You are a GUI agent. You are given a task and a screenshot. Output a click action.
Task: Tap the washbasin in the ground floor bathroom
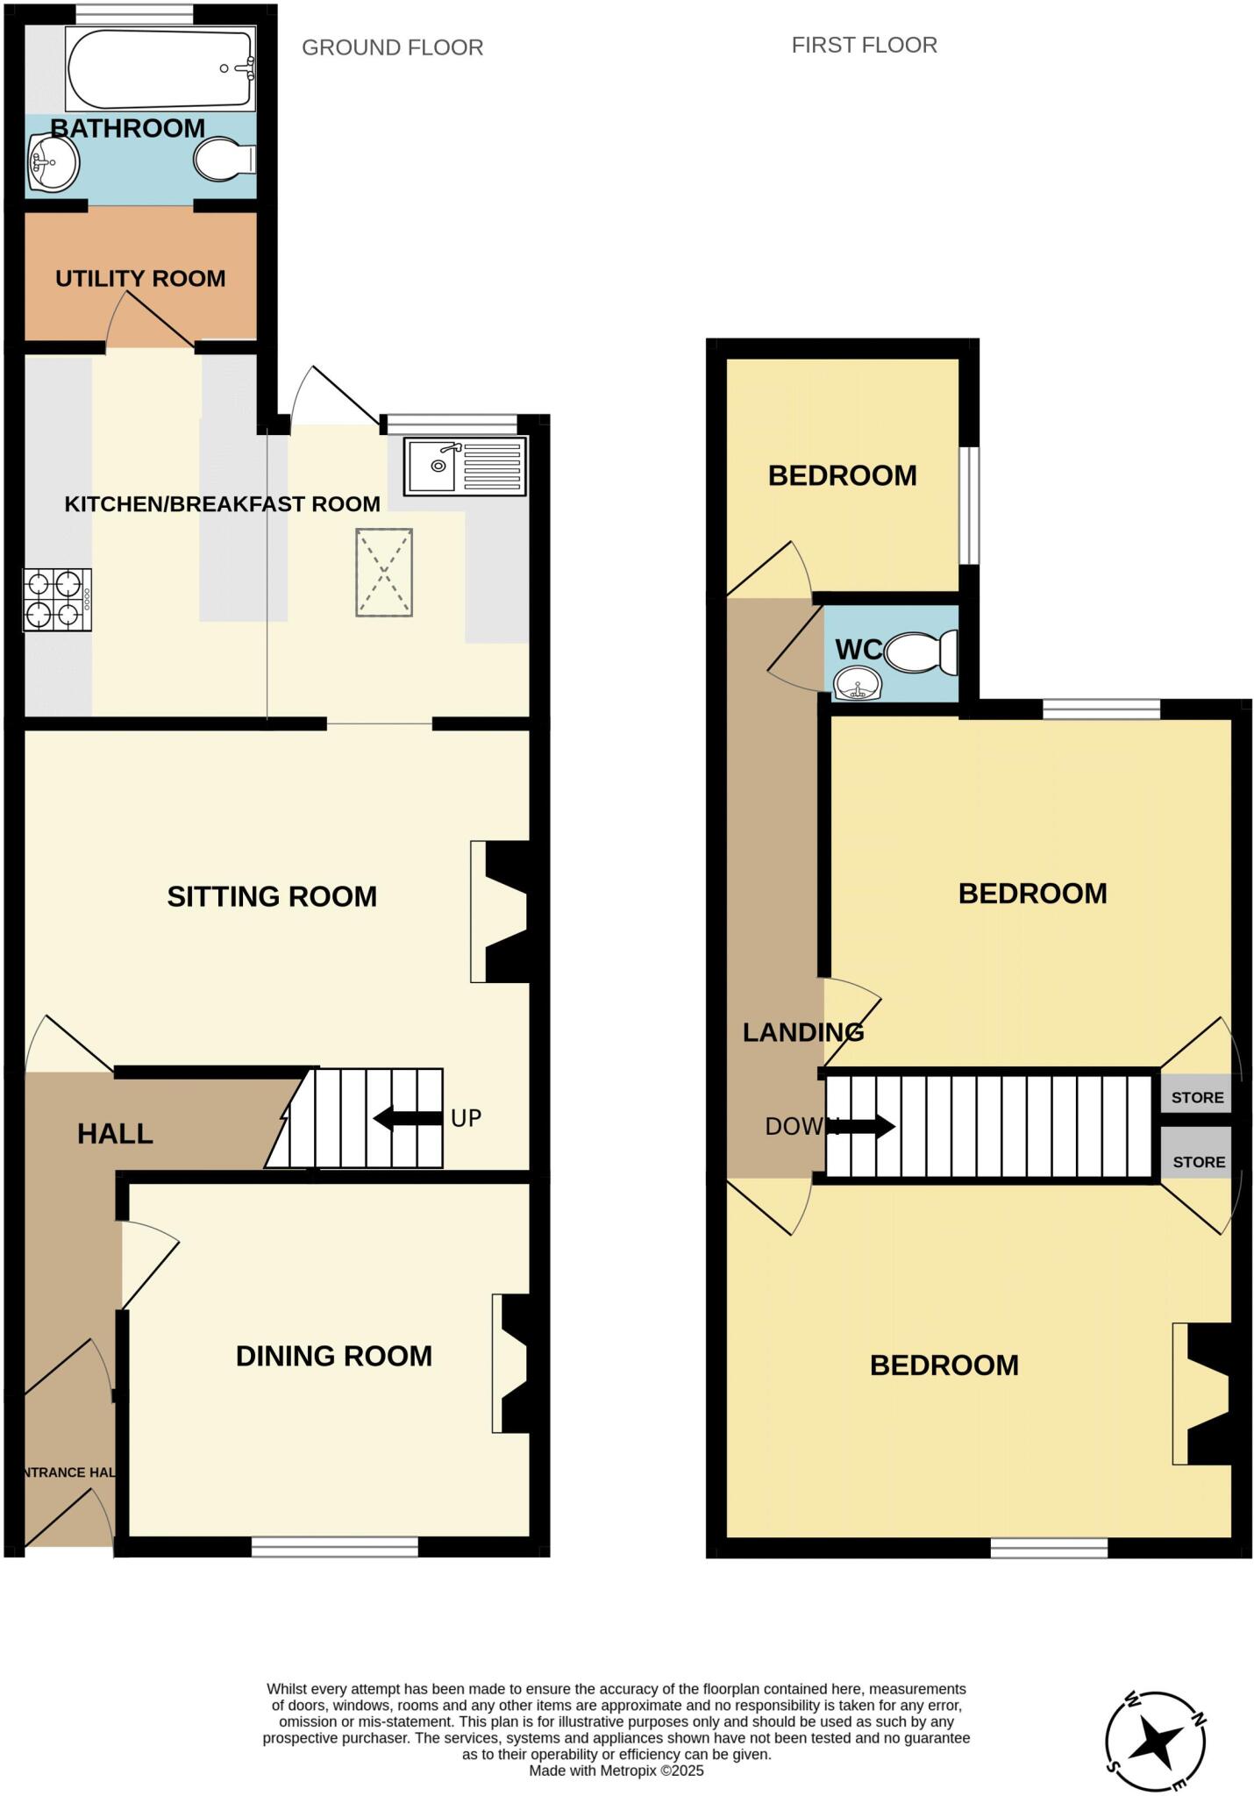pos(53,162)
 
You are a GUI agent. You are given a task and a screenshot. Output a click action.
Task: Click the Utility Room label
pos(140,279)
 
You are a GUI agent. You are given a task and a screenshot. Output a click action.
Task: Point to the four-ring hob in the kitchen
pos(58,600)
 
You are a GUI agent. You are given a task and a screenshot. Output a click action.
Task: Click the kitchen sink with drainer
pos(465,465)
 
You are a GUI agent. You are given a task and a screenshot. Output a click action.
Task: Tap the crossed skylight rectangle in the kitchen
pos(384,573)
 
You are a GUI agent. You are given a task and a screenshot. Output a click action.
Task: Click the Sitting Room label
pos(272,896)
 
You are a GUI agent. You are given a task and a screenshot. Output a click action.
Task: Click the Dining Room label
pos(334,1356)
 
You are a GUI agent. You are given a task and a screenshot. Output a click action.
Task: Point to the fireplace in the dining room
pos(512,1364)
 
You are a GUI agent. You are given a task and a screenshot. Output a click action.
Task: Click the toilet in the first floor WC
pos(920,652)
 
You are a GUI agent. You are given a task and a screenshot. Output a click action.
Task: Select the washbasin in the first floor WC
pos(857,683)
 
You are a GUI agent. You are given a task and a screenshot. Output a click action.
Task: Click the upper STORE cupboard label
pos(1197,1097)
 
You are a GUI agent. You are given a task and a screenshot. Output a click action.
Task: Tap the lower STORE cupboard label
pos(1199,1162)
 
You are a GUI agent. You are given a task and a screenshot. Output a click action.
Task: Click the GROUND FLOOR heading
pos(392,47)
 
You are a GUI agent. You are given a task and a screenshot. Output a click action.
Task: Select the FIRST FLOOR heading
pos(864,45)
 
